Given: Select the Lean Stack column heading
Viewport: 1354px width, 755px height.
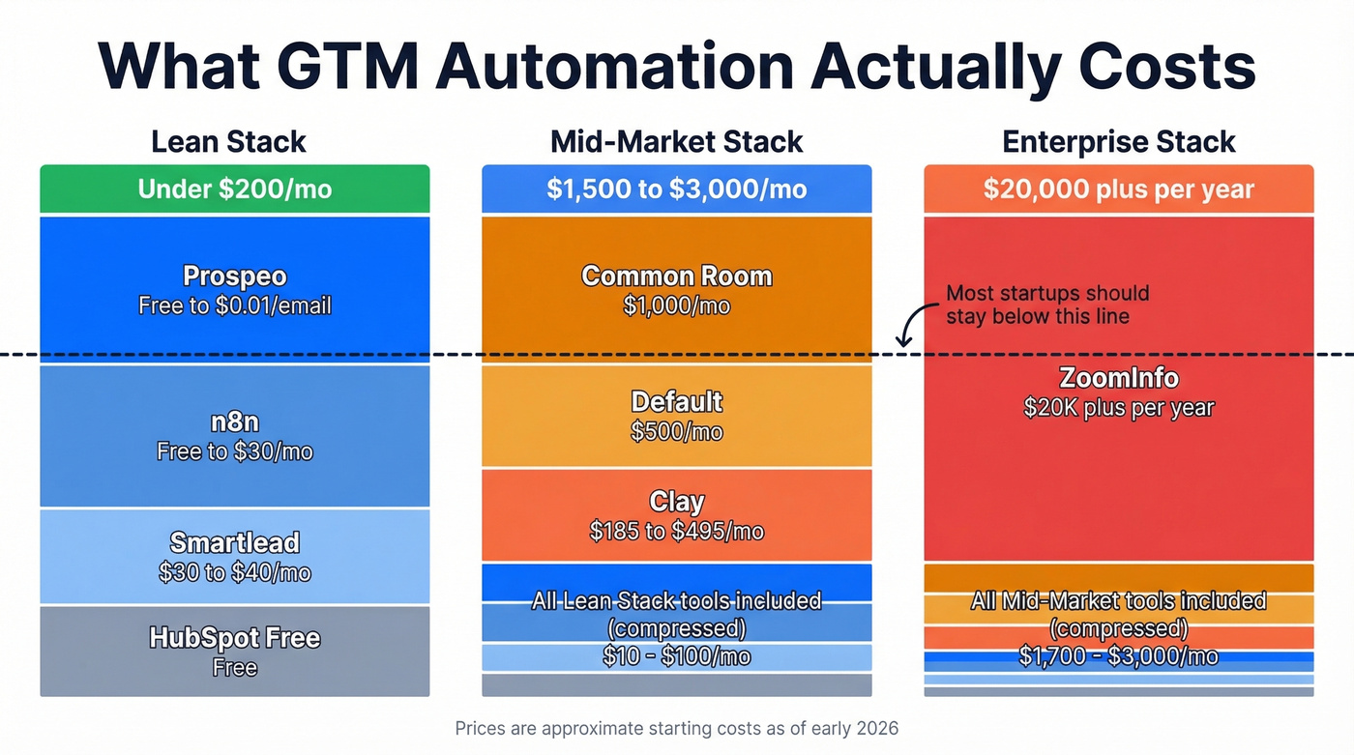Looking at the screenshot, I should (228, 142).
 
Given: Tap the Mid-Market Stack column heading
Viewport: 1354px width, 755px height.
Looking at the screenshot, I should (676, 142).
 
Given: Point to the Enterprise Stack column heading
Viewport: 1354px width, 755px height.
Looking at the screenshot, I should (1118, 142).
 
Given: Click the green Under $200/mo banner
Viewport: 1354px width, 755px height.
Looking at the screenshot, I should (234, 189).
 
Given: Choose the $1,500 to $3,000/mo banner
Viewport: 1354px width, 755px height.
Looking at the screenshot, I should (676, 189).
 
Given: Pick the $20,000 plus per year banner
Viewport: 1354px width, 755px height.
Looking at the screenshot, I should (1118, 189).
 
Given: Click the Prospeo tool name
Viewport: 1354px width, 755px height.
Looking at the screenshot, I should (234, 277).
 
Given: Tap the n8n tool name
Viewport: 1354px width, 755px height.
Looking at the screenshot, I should (234, 422).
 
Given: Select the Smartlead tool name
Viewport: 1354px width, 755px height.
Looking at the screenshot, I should (234, 542).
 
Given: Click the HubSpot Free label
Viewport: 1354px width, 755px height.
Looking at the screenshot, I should (234, 638).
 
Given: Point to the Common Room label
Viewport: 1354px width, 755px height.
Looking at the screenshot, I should (676, 276).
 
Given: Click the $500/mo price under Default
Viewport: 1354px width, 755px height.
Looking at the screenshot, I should (676, 432).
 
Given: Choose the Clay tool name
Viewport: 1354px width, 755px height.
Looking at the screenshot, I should (676, 502).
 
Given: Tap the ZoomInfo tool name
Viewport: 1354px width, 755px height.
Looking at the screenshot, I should (1118, 378).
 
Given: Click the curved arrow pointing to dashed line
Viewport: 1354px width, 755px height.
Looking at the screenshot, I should (910, 327).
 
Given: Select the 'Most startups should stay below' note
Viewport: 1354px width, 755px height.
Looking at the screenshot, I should (1046, 305).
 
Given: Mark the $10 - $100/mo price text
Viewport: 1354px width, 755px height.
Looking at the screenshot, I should (676, 657).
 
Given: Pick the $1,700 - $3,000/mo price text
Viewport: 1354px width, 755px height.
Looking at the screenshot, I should (1118, 657).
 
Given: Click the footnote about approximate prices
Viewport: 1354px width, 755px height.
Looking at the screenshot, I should (676, 728).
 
